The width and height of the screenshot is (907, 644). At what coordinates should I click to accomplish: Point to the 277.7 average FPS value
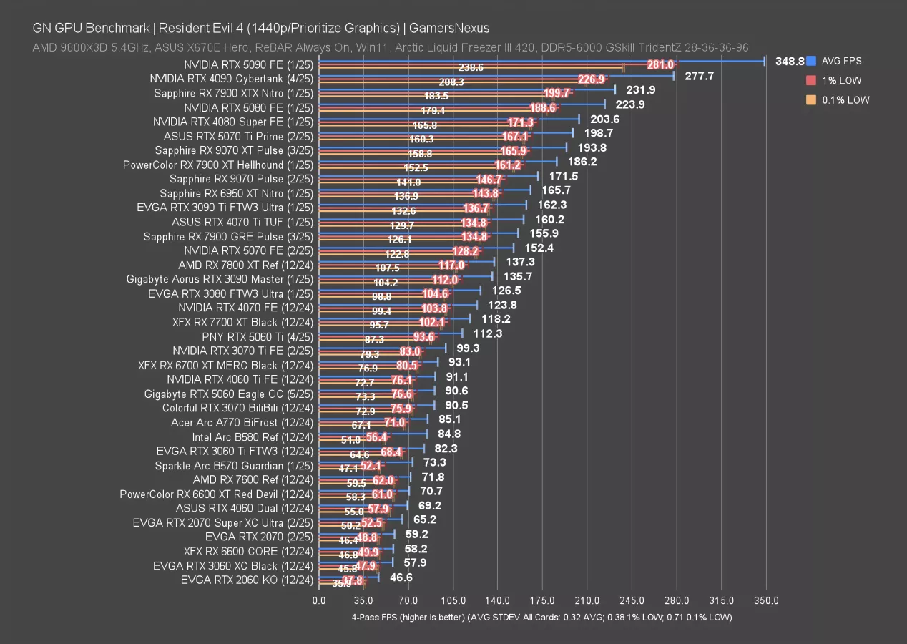(699, 76)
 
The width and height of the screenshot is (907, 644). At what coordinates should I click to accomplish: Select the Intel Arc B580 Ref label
(253, 436)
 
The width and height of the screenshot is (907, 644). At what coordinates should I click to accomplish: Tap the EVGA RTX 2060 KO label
(247, 580)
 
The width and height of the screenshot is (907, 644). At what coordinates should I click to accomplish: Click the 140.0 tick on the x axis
(498, 600)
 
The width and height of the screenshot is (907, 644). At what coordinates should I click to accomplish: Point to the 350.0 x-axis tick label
(766, 600)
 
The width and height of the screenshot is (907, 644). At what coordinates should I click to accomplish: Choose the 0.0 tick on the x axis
(319, 600)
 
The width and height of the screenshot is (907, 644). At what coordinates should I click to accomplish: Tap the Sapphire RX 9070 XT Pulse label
(234, 150)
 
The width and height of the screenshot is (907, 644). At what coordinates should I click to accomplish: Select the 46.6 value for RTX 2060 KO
(401, 577)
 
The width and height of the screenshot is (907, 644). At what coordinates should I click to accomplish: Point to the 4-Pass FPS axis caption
(541, 617)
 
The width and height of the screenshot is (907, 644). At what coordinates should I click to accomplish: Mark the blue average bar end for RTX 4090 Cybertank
(674, 74)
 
